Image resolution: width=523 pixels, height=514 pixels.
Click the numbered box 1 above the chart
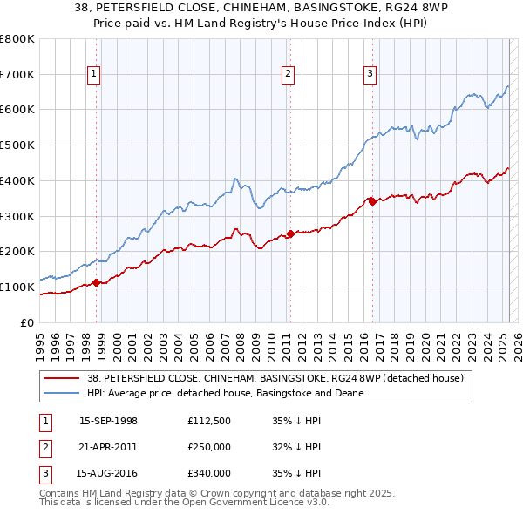[93, 75]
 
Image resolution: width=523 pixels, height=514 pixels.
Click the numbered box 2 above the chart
[287, 75]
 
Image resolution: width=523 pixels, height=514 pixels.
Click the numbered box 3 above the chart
[370, 75]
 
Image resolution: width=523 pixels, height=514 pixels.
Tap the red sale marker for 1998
[97, 281]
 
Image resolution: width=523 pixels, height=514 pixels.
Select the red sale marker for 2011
[290, 233]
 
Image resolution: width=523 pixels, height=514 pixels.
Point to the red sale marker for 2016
[372, 201]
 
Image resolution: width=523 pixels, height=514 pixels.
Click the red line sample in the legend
[63, 378]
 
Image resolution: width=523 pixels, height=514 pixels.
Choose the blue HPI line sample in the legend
[63, 393]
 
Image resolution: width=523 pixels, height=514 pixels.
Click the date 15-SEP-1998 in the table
[108, 420]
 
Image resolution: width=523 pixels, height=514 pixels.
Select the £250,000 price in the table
[209, 447]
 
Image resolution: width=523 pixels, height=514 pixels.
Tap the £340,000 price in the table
[209, 474]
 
